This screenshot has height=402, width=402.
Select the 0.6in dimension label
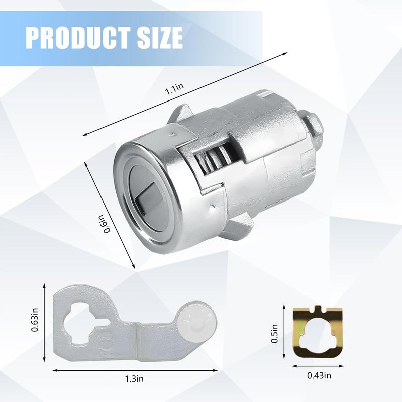pyautogui.click(x=106, y=223)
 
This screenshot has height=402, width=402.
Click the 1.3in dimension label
pyautogui.click(x=134, y=379)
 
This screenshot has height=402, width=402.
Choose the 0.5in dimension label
pyautogui.click(x=274, y=333)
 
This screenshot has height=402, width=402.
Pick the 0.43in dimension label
pyautogui.click(x=319, y=375)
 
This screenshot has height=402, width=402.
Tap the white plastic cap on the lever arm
pyautogui.click(x=196, y=320)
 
